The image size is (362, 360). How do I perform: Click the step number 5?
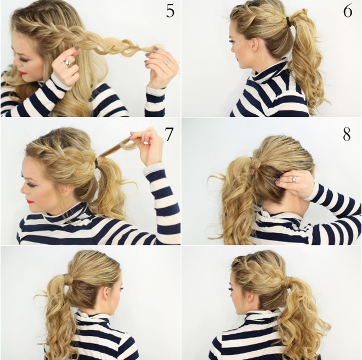(170, 11)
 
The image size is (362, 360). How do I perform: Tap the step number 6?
(348, 11)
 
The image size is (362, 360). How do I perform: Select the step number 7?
(168, 134)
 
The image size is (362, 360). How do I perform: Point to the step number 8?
(347, 134)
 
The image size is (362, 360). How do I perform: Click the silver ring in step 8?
(295, 179)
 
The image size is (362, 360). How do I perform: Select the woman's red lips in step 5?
(24, 72)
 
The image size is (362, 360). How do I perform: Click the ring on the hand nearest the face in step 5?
(67, 62)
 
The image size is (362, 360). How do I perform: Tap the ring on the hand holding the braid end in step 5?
(168, 61)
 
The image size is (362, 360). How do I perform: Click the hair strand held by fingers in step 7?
(114, 146)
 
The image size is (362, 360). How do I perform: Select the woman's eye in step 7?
(31, 184)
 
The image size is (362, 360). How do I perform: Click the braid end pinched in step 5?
(147, 50)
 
